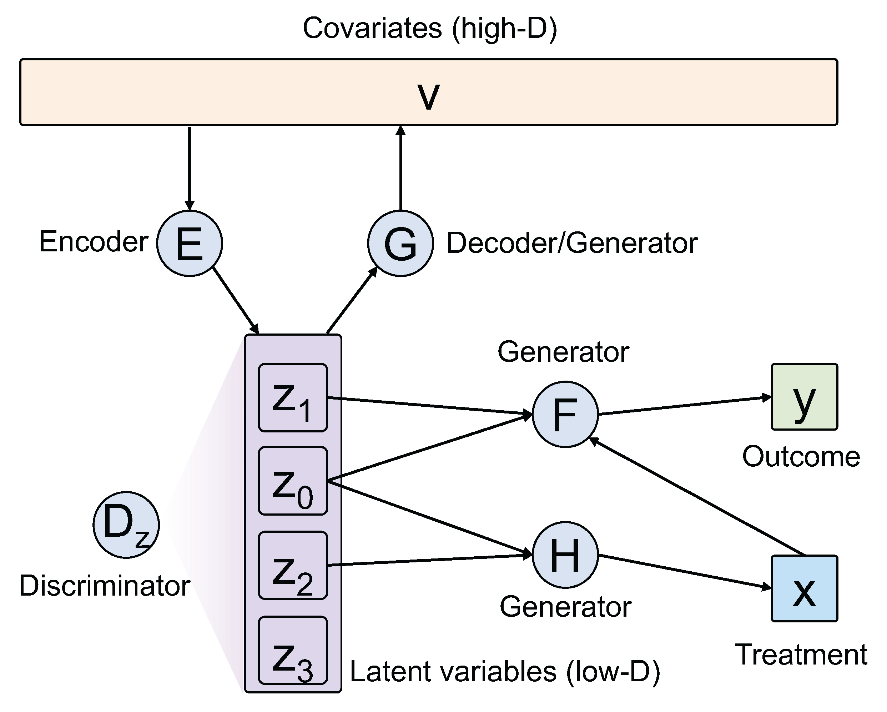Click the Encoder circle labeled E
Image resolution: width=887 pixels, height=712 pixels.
190,244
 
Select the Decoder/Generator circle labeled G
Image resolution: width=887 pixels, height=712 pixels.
400,244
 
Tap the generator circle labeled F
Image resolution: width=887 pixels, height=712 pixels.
565,415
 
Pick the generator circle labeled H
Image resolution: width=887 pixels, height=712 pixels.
565,555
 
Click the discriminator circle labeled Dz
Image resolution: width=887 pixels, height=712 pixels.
126,525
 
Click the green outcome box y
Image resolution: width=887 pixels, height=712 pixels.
804,397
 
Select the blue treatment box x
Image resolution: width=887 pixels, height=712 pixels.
804,588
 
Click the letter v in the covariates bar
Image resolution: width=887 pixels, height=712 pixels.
428,97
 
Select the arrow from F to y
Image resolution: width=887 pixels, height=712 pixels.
685,405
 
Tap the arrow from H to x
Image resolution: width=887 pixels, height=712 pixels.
685,572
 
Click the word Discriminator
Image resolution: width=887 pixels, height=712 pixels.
105,586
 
